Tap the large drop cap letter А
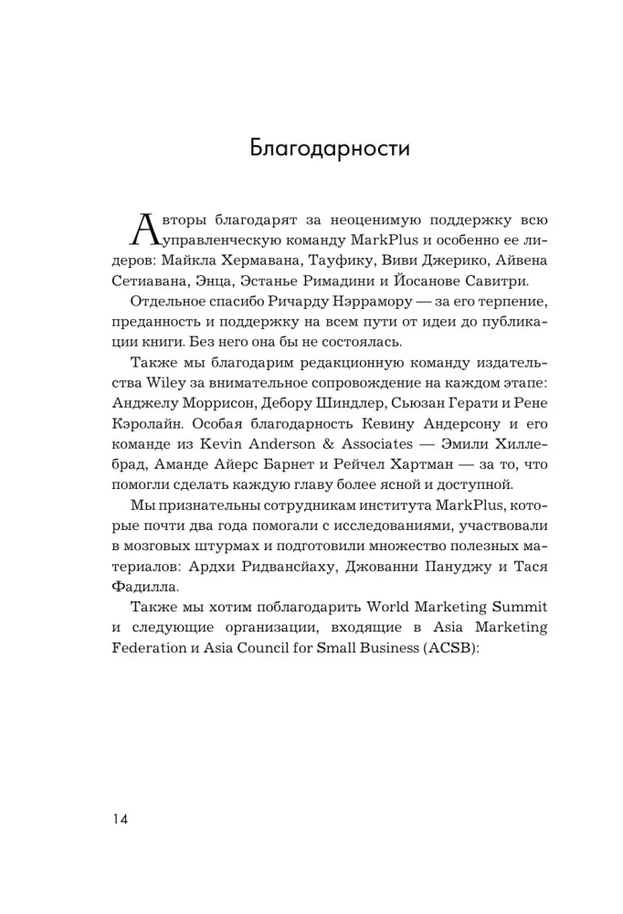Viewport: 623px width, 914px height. pyautogui.click(x=146, y=229)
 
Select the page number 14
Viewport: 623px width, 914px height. pyautogui.click(x=120, y=818)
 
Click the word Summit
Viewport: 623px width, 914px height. pyautogui.click(x=514, y=607)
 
